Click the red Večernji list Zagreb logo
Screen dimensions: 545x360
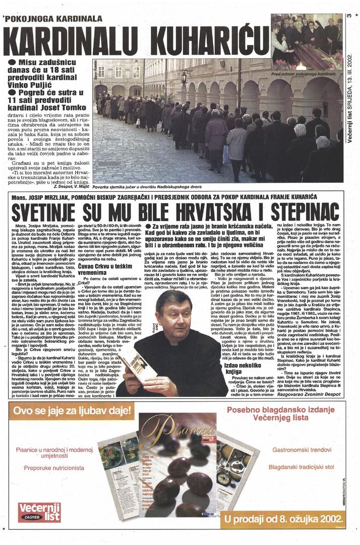point(39,511)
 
